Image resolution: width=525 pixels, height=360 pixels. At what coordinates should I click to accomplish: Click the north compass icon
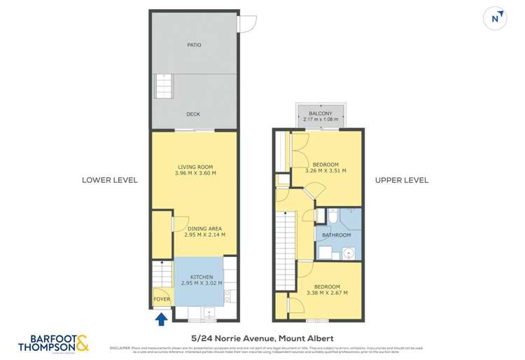pyautogui.click(x=496, y=19)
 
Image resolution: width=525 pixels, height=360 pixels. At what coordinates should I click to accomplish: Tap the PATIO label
pyautogui.click(x=194, y=45)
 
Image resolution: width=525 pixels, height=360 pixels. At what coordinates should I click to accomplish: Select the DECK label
pyautogui.click(x=194, y=114)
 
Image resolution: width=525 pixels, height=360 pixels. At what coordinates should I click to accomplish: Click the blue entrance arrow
pyautogui.click(x=161, y=320)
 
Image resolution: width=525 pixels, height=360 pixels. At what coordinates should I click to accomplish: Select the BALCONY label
pyautogui.click(x=319, y=113)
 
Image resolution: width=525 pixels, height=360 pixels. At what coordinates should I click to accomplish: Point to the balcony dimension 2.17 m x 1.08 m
pyautogui.click(x=319, y=120)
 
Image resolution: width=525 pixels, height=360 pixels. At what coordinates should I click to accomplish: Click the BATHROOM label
pyautogui.click(x=336, y=235)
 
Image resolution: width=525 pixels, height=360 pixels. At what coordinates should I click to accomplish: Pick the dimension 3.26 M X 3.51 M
pyautogui.click(x=326, y=171)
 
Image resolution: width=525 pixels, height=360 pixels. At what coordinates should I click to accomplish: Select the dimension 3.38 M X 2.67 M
pyautogui.click(x=327, y=293)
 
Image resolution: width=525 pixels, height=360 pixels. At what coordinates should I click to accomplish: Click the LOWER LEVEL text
pyautogui.click(x=110, y=180)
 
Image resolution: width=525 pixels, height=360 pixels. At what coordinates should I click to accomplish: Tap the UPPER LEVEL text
pyautogui.click(x=402, y=180)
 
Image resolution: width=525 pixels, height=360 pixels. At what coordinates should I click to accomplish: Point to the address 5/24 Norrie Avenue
pyautogui.click(x=262, y=337)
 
